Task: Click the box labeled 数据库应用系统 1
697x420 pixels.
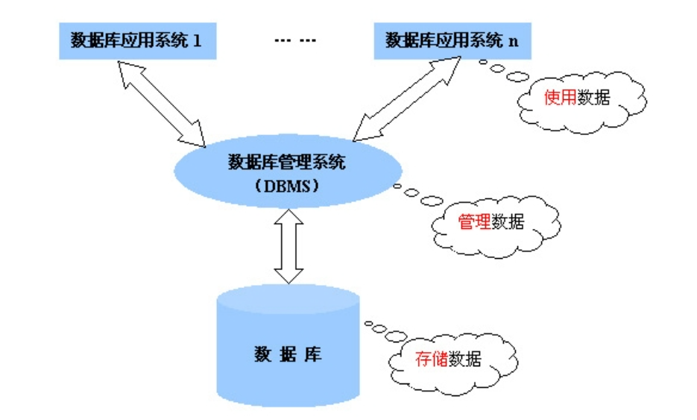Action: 137,41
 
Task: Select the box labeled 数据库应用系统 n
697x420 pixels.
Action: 452,40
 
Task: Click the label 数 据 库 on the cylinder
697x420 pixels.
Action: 288,354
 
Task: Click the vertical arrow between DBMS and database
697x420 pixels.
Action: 288,245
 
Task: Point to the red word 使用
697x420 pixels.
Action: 561,98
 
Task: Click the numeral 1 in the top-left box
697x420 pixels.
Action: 197,41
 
